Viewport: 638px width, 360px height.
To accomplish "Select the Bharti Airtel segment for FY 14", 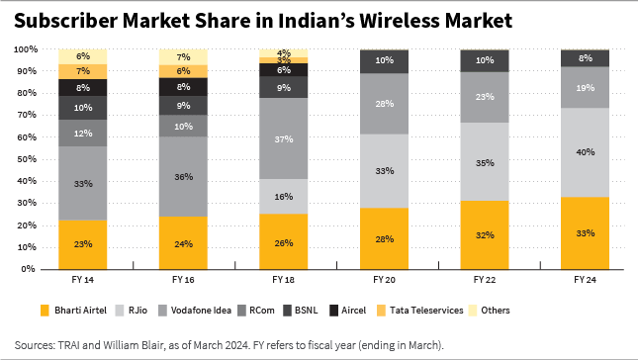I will [82, 243].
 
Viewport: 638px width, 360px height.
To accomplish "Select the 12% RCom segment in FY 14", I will [82, 134].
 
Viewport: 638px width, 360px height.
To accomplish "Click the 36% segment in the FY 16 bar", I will [185, 177].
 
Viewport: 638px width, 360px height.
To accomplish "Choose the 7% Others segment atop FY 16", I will [185, 56].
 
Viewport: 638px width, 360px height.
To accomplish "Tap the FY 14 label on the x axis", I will [82, 281].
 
